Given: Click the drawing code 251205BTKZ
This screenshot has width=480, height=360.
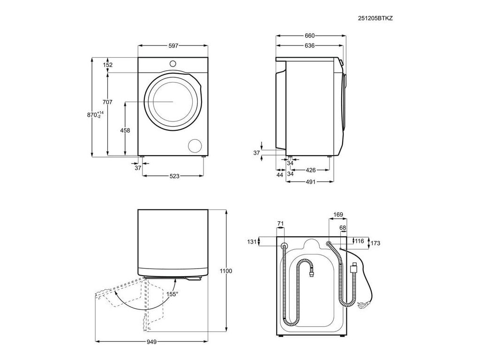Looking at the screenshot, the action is point(375,18).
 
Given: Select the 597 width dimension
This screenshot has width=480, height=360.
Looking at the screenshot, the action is point(173,46).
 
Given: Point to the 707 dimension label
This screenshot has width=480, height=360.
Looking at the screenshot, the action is point(107,102).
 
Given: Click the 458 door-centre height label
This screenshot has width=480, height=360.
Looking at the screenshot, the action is point(125,130).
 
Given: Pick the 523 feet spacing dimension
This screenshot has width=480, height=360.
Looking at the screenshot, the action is point(174,176).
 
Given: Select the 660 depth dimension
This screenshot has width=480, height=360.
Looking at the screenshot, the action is point(309,36).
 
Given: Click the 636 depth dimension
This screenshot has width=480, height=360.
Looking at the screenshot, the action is point(309,45).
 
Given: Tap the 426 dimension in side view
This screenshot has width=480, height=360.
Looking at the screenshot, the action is point(310,170).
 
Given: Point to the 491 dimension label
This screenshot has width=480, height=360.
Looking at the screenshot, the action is point(310,182).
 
